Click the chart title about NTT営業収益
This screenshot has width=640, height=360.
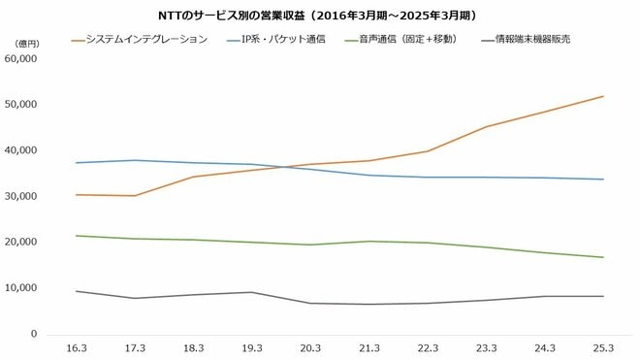(x=321, y=16)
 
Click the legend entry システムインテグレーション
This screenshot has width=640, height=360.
(x=146, y=40)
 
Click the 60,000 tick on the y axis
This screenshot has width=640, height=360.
(x=20, y=58)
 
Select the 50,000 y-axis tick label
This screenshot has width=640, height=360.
(x=20, y=105)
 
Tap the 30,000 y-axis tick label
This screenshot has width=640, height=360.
(x=20, y=196)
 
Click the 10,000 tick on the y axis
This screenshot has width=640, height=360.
(x=20, y=288)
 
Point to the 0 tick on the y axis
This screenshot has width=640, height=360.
(x=33, y=334)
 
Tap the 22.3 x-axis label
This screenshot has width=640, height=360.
(x=427, y=348)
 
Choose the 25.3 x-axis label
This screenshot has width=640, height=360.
(x=602, y=348)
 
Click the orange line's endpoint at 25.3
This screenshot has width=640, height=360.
(x=602, y=96)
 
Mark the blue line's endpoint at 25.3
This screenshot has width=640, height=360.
(x=602, y=180)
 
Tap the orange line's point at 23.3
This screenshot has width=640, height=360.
(x=485, y=127)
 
